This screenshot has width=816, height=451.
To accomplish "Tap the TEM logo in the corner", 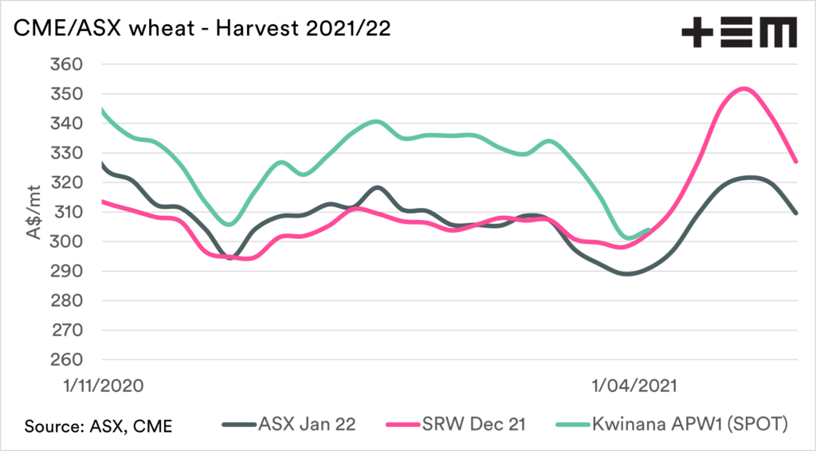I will pos(738,33).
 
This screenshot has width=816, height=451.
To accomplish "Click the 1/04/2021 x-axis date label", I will pos(635,386).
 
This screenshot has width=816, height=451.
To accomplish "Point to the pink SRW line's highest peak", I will pos(743,88).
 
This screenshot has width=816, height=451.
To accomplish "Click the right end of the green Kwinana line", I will pos(649,230).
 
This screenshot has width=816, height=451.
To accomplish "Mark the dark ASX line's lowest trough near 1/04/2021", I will pos(628,273).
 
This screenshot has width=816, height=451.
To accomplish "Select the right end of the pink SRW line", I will pos(797,162).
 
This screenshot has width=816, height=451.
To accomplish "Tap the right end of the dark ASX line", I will pos(797,214).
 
